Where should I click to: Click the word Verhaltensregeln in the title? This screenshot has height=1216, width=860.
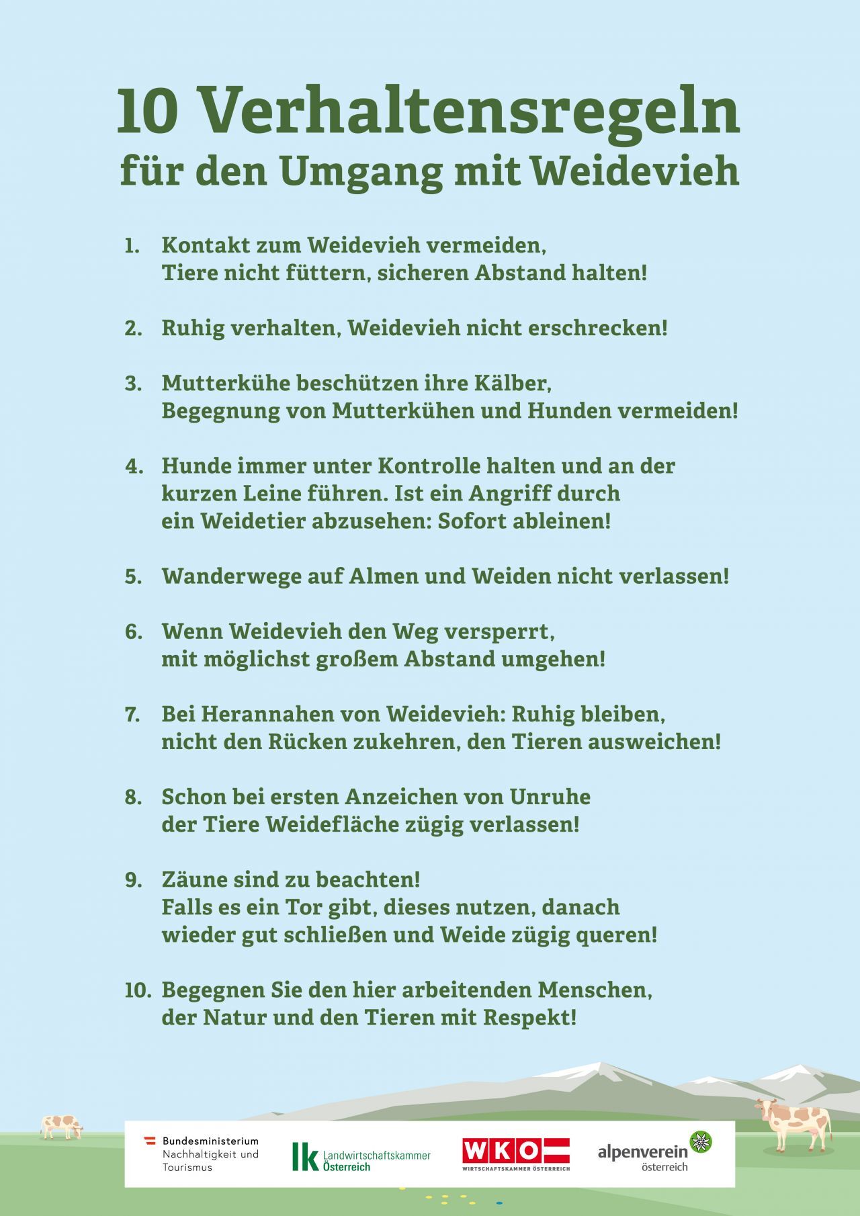click(470, 111)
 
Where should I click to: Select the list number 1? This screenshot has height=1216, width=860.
click(132, 245)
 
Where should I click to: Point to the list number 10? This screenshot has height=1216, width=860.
click(138, 990)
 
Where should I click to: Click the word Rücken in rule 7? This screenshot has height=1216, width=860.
click(306, 742)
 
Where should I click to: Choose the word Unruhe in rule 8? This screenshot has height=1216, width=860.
click(550, 797)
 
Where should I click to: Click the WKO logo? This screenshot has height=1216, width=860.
click(515, 1154)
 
